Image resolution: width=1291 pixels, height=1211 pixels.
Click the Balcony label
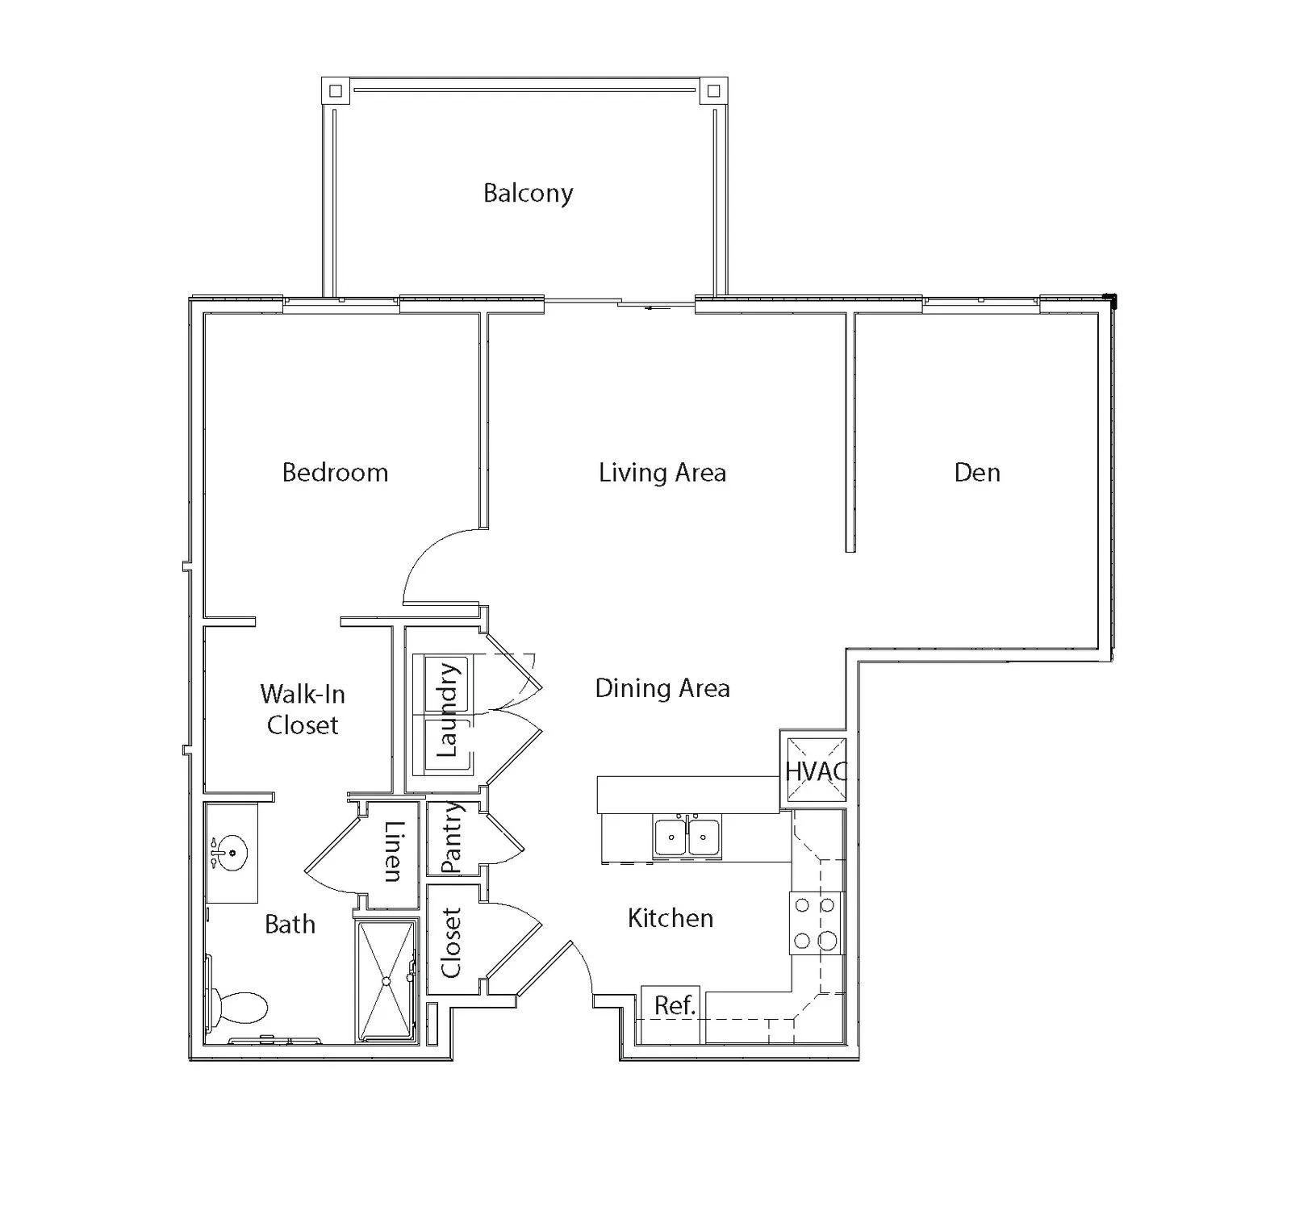(x=529, y=193)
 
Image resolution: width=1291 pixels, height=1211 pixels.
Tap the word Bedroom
(x=335, y=472)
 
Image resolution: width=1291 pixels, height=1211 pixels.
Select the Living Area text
(x=662, y=472)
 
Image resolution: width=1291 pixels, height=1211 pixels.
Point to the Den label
(x=977, y=472)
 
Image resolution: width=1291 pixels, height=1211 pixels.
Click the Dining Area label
(x=662, y=688)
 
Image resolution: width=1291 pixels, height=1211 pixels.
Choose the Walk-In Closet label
(x=303, y=709)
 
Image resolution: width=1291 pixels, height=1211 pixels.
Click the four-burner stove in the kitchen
(x=815, y=923)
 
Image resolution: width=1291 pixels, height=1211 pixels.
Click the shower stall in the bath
(x=386, y=980)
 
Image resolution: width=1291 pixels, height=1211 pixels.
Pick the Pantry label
(x=452, y=837)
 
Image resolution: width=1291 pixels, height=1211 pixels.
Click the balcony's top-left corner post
(x=336, y=91)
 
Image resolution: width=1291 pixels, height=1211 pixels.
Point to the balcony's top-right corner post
(x=713, y=91)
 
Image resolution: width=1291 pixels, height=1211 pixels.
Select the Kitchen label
(x=671, y=918)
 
